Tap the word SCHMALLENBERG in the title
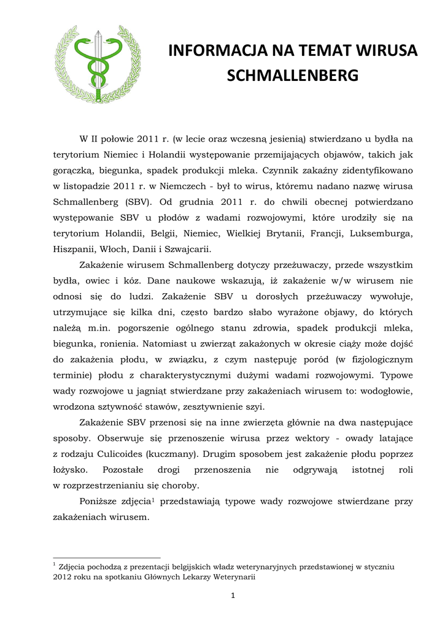[292, 75]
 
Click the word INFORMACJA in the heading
[212, 51]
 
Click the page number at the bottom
[233, 595]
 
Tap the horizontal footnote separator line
[106, 558]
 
